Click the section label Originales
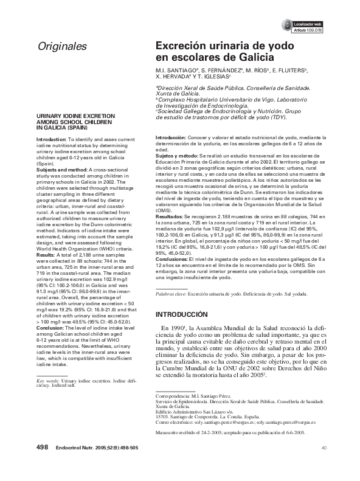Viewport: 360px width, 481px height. pos(62,46)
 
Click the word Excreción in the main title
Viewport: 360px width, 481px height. pos(182,46)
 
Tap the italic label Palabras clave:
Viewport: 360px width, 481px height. pos(170,294)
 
